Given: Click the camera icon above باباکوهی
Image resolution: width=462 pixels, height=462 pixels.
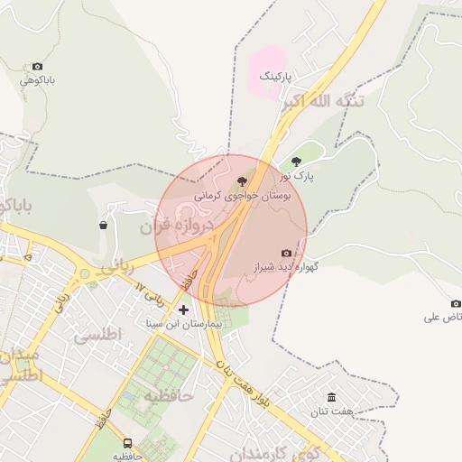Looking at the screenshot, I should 37,67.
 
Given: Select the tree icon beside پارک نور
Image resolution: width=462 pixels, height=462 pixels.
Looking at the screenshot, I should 296,162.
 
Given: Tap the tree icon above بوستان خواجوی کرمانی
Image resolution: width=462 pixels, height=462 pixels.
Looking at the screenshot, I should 240,180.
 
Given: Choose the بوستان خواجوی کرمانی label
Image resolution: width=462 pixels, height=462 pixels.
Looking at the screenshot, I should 240,194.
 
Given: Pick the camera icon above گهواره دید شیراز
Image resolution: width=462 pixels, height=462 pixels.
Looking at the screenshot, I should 286,254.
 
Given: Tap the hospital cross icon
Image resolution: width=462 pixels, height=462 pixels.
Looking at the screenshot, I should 184,310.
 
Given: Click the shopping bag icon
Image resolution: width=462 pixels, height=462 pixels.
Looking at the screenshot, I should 104,225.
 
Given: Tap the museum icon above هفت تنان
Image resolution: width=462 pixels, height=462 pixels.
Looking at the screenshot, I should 331,398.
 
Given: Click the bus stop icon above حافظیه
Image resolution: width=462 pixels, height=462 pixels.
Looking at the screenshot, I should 128,444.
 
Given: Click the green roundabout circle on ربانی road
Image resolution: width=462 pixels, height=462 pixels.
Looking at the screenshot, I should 85,273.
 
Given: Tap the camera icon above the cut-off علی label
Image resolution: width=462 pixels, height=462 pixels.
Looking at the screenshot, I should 456,303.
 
